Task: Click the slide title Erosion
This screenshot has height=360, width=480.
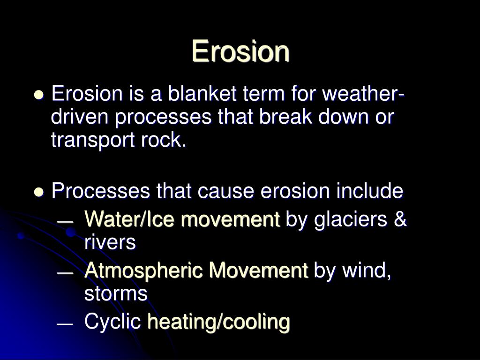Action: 240,51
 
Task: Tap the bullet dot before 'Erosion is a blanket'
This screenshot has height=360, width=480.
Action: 38,94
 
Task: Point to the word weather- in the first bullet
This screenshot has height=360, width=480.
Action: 364,93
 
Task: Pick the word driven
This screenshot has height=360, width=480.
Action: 80,117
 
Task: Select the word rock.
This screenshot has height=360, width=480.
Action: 164,140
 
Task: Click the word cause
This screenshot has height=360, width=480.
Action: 225,191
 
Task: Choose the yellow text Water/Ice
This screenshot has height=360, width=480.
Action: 129,219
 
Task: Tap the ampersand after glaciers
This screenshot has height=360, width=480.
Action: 400,219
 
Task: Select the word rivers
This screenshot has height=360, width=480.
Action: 110,242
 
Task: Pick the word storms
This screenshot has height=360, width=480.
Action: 116,293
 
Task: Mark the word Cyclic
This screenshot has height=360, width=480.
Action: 112,322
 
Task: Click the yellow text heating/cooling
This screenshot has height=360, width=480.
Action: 218,322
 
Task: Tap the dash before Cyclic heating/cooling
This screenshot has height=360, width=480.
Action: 65,324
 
